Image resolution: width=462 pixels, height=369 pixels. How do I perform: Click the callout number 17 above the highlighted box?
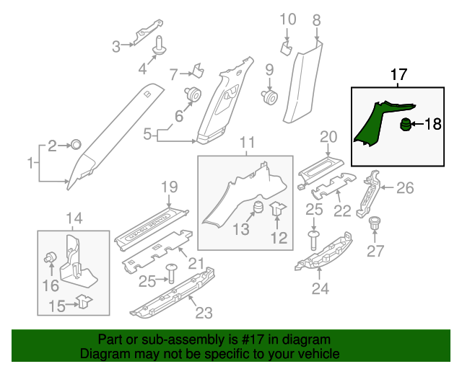pyautogui.click(x=398, y=74)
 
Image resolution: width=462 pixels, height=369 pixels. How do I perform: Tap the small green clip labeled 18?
pyautogui.click(x=406, y=125)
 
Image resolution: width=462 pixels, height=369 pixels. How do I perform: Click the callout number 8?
pyautogui.click(x=315, y=22)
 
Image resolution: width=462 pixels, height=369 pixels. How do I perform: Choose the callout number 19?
pyautogui.click(x=168, y=187)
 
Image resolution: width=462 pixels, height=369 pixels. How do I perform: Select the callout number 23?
pyautogui.click(x=204, y=313)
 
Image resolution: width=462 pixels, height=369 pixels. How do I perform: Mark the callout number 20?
pyautogui.click(x=328, y=136)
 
